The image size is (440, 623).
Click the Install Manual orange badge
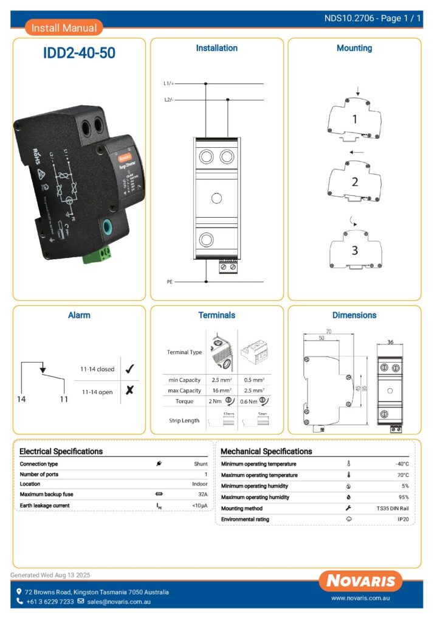[x=64, y=27]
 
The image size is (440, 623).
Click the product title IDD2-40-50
[x=79, y=53]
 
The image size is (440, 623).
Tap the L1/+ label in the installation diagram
[x=170, y=83]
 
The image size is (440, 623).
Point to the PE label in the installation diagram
[x=170, y=282]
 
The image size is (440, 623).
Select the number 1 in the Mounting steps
[x=355, y=120]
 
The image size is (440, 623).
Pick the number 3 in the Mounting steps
[x=355, y=250]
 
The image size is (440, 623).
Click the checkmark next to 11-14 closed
[x=129, y=369]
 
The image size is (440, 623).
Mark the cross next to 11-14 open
[x=129, y=391]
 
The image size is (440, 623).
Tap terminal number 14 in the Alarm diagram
[x=22, y=399]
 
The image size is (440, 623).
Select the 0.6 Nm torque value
[x=249, y=402]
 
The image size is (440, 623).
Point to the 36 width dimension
[x=390, y=343]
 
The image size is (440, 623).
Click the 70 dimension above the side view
[x=328, y=332]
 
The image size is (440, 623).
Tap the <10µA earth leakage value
[x=200, y=506]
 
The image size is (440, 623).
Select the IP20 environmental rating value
[x=403, y=519]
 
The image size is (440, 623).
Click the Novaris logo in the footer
[x=361, y=580]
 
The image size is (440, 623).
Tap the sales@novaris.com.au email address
[x=119, y=602]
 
